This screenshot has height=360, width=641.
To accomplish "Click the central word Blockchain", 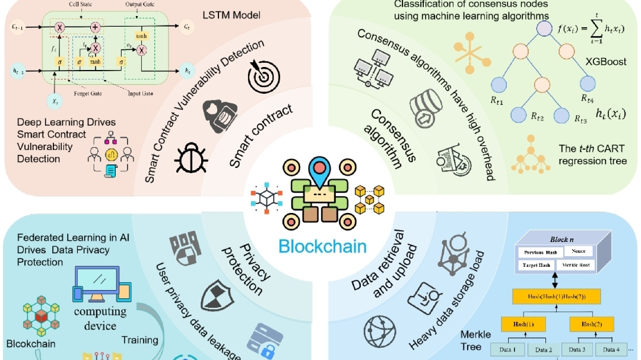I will pos(323,246).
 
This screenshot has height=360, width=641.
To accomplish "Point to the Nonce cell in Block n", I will pos(579,251).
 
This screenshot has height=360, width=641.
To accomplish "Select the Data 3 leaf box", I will pos(575,350).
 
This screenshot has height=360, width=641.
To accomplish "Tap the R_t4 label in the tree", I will pos(588,98).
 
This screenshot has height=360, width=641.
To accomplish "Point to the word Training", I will pos(139,340).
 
